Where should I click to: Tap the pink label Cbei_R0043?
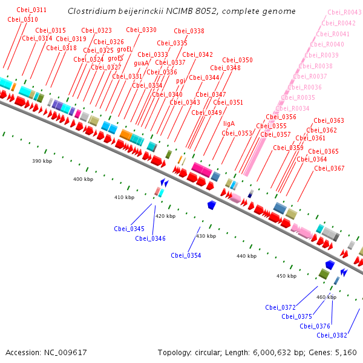(x=344, y=12)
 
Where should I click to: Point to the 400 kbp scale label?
(x=83, y=179)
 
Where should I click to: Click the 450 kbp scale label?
(x=286, y=276)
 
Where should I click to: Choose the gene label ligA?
(x=229, y=123)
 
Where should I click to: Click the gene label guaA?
(x=141, y=63)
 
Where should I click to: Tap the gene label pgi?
(x=181, y=80)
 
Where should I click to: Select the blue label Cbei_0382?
(x=332, y=335)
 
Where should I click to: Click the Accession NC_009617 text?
(x=46, y=352)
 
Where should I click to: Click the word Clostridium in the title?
(x=90, y=11)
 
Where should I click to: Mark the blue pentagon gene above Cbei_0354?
(x=212, y=205)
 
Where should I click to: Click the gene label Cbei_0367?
(x=329, y=168)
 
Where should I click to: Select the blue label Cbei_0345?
(x=129, y=229)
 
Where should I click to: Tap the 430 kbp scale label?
(x=206, y=236)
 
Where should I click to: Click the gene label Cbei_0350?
(x=237, y=60)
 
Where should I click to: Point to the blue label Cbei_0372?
(x=280, y=307)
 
